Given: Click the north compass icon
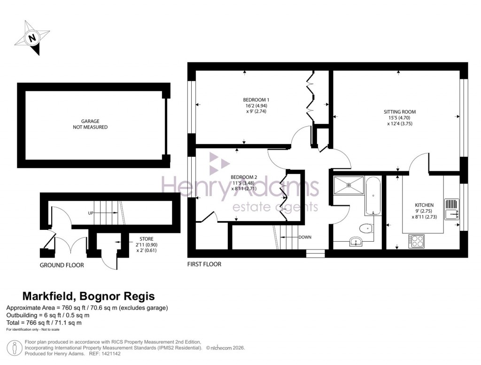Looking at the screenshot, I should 32,38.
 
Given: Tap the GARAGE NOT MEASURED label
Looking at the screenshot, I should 90,124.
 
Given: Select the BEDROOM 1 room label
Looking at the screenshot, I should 256,106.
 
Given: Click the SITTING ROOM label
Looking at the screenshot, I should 400,118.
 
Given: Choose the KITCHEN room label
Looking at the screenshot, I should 424,211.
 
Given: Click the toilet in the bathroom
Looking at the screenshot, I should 365,228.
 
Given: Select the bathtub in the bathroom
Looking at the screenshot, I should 373,195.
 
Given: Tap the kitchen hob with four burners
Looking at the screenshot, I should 416,241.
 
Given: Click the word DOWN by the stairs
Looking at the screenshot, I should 305,237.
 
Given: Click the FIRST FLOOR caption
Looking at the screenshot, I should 204,264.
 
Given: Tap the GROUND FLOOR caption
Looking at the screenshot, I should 62,266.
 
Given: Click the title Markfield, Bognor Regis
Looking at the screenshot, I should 89,296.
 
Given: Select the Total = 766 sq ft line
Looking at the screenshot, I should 44,323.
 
